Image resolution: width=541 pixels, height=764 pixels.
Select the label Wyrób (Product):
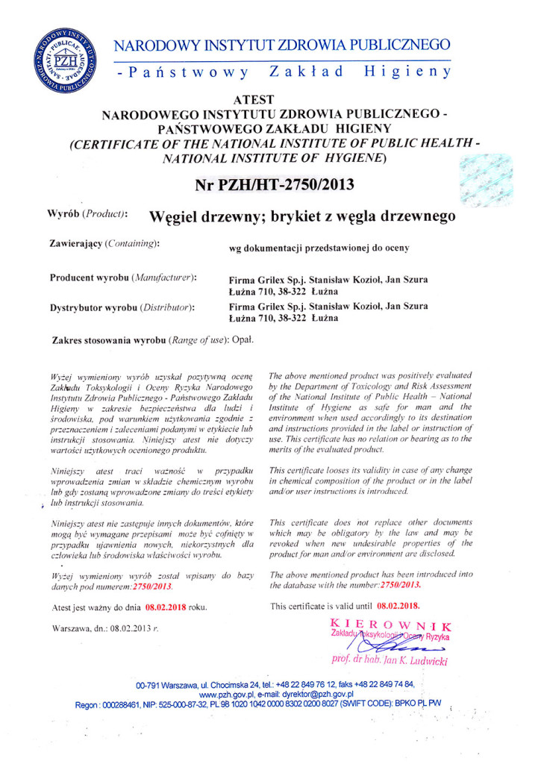pyautogui.click(x=87, y=213)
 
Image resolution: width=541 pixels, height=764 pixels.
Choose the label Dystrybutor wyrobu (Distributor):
pyautogui.click(x=122, y=306)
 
